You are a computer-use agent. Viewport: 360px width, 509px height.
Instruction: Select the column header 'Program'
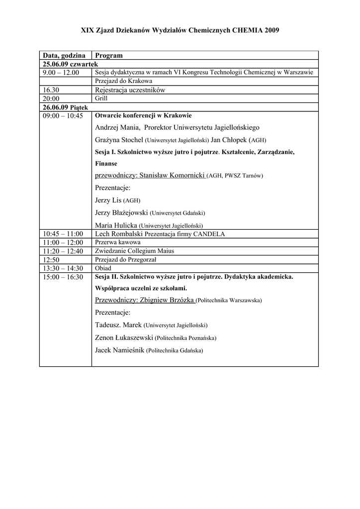tap(108, 55)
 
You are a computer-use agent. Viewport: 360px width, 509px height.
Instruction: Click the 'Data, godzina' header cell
tap(64, 55)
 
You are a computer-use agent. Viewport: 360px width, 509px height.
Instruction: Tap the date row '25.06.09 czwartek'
tap(70, 64)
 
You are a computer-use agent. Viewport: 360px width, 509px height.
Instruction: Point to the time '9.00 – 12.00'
tap(61, 73)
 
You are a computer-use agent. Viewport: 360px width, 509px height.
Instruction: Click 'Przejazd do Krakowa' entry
tap(123, 81)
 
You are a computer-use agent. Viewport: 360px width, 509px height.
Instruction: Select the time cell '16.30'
tap(51, 90)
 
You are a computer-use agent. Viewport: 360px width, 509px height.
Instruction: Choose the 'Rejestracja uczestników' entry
tap(130, 90)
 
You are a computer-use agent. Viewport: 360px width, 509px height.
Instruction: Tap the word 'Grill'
tap(101, 98)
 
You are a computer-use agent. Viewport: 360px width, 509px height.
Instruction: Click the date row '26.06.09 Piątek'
tap(65, 107)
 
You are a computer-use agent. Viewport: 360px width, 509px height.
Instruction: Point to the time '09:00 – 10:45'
tap(63, 115)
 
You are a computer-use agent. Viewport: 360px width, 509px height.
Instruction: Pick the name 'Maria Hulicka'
tap(116, 225)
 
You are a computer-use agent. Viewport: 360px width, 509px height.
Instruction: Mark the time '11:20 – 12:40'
tap(63, 251)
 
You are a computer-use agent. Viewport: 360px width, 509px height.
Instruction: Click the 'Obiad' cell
tap(103, 268)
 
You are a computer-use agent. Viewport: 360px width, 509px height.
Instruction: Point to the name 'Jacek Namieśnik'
tap(119, 350)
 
